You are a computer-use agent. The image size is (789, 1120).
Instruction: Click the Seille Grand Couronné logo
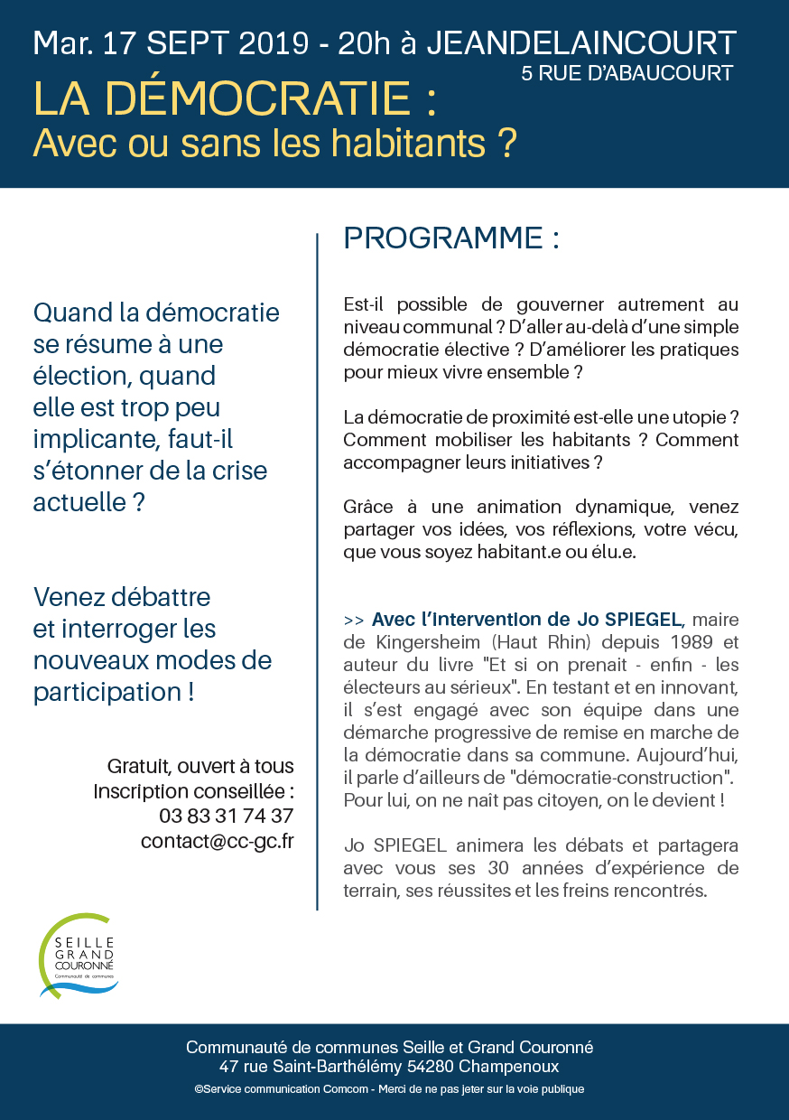coord(79,956)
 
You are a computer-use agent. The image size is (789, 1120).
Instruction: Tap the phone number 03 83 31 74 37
coord(226,816)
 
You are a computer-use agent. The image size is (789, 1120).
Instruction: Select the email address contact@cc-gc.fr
coord(217,841)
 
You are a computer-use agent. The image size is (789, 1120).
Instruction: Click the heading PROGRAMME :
coord(451,238)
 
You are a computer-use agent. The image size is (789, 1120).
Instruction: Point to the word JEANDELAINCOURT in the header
coord(580,42)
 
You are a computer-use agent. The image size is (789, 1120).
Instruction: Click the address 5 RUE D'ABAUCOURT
coord(627,73)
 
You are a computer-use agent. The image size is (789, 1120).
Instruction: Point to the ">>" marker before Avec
coord(354,621)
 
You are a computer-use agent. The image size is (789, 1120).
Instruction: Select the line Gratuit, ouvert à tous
coord(200,766)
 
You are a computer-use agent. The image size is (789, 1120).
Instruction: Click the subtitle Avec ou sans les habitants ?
coord(274,143)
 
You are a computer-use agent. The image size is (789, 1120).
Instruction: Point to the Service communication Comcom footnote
coord(389,1089)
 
